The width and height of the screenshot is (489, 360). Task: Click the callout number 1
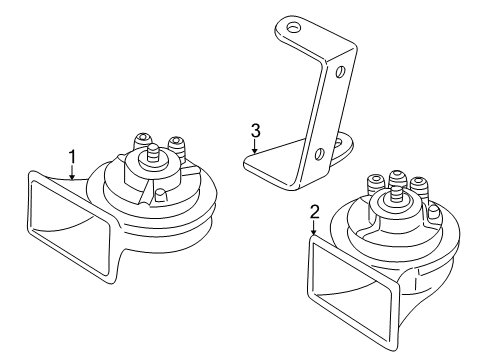tap(72, 157)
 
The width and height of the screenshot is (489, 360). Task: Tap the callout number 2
tap(315, 212)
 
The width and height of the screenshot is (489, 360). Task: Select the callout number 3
tap(255, 131)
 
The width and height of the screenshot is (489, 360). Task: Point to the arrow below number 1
tap(72, 173)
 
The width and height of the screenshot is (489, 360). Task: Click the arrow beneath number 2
tap(314, 228)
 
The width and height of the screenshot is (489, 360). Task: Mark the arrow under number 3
tap(254, 146)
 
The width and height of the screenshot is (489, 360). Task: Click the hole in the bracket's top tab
tap(293, 28)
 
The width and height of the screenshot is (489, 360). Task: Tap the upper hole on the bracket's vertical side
tap(340, 72)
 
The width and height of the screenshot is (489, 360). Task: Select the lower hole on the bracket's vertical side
tap(319, 153)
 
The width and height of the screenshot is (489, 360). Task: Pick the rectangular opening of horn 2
tap(353, 292)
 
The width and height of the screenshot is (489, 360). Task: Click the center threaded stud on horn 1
tap(154, 154)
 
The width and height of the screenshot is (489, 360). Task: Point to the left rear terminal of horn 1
tap(142, 141)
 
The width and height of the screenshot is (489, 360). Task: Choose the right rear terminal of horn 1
tap(178, 148)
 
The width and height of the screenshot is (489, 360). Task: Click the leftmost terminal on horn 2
tap(376, 185)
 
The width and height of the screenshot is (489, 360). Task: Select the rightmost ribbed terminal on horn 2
tap(419, 189)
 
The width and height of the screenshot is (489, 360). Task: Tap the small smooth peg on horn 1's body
tap(161, 195)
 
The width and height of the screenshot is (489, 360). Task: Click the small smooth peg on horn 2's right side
tap(433, 212)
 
